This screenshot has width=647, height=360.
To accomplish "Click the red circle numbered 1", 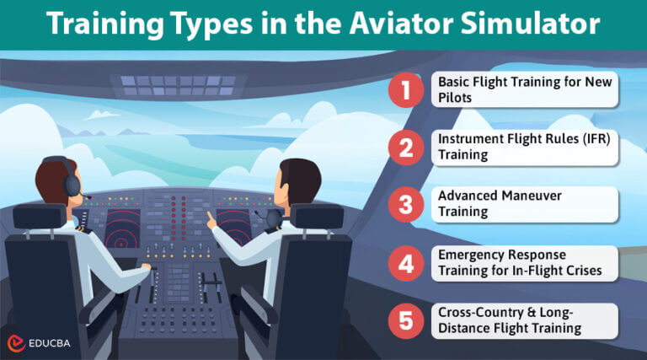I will tap(406, 90).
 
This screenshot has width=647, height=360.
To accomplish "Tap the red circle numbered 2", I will tap(406, 148).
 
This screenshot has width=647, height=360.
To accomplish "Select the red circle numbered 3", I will tap(406, 205).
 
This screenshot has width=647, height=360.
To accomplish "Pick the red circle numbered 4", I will tap(406, 263).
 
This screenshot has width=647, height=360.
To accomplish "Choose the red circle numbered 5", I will tap(406, 320).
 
